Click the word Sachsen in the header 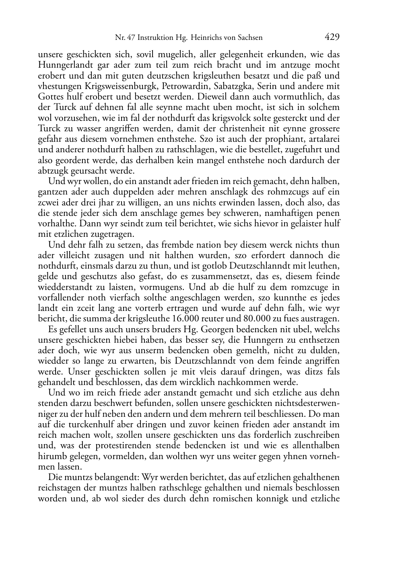coord(248,38)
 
